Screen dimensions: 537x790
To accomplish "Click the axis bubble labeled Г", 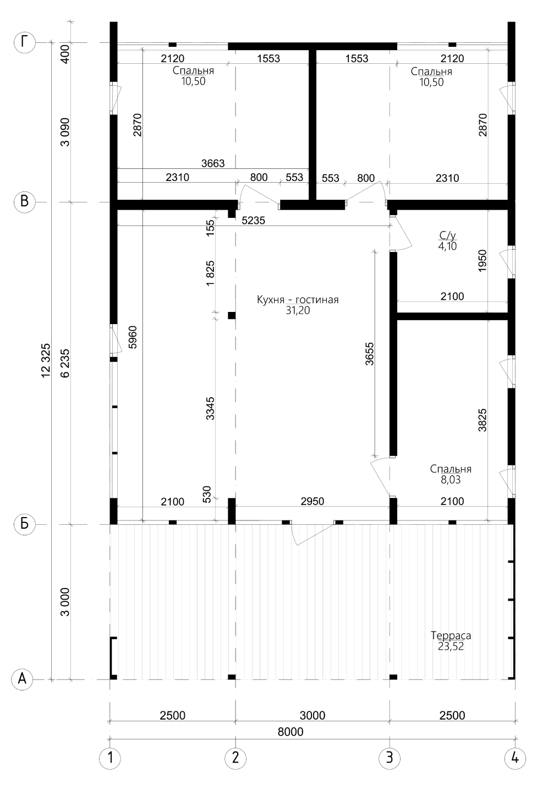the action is pos(24,42).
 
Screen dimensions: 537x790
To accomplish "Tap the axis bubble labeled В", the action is pos(24,202).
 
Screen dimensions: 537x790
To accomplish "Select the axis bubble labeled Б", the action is pos(24,524).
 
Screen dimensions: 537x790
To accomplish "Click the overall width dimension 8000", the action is pos(291,732).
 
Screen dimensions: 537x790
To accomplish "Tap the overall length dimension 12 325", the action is pos(46,360).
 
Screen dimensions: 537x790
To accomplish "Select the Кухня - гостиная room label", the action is pos(298,300).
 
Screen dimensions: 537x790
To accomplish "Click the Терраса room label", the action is pos(451,635).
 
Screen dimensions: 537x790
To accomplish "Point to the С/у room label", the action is pos(447,235).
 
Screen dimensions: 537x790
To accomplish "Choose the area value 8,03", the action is pos(451,480).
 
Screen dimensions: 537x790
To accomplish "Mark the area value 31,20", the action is pos(298,310).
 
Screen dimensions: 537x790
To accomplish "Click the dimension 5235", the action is pos(253,221).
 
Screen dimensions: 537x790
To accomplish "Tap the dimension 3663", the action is pos(213,163).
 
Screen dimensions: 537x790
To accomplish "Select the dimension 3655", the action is pos(369,354).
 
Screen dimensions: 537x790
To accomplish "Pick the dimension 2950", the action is pos(313,501).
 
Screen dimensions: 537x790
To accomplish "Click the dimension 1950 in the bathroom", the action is pos(483,261).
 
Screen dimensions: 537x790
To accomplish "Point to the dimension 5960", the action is pos(132,337).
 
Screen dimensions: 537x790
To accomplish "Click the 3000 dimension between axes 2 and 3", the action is pos(313,715).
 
